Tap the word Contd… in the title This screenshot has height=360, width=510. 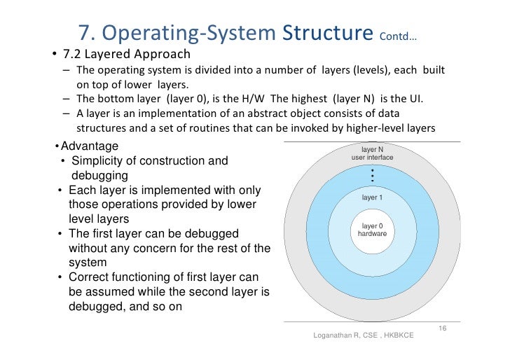point(397,36)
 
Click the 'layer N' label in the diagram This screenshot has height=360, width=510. point(372,150)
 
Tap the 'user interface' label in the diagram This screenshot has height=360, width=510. point(372,158)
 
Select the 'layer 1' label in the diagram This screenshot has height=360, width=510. point(372,198)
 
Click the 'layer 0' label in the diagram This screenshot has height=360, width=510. point(372,226)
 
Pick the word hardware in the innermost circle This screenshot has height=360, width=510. point(372,233)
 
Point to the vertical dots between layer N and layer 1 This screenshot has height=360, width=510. point(372,176)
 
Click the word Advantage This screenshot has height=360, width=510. point(90,146)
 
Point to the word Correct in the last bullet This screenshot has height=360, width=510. point(91,277)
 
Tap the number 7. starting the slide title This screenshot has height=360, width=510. point(87,33)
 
